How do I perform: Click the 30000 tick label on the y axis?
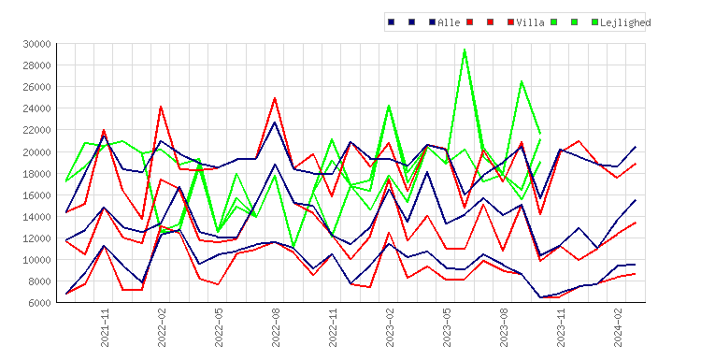click(36, 44)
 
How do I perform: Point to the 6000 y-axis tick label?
click(39, 303)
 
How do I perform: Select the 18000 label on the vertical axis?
click(36, 174)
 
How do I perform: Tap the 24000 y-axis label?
click(36, 108)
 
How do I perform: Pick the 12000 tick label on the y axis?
click(36, 238)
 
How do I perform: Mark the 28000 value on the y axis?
click(36, 65)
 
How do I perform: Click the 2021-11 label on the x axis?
click(105, 327)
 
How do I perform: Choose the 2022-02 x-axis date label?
click(162, 327)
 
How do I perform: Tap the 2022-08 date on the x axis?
click(276, 327)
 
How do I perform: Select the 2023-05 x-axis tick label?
click(447, 327)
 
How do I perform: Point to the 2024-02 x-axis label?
click(619, 327)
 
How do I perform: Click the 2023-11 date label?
click(561, 327)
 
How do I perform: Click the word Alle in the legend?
click(449, 22)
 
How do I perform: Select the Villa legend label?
click(530, 22)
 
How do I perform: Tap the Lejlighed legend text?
click(625, 22)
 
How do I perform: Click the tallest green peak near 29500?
click(465, 50)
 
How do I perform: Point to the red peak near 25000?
click(275, 98)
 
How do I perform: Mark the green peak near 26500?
click(522, 81)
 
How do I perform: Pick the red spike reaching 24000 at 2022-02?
click(161, 107)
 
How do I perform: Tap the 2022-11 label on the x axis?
click(333, 327)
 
